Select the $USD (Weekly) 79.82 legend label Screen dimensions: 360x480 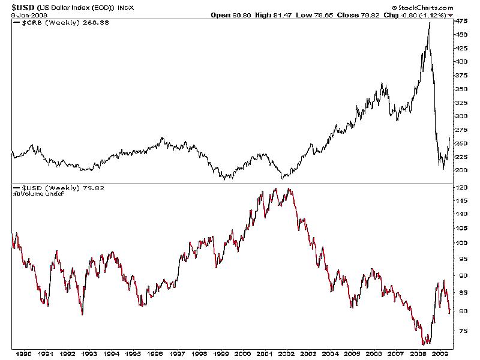(51, 188)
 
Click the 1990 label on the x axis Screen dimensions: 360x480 (24, 353)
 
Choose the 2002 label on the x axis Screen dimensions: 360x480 (286, 353)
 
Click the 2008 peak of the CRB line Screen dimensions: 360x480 (429, 23)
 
